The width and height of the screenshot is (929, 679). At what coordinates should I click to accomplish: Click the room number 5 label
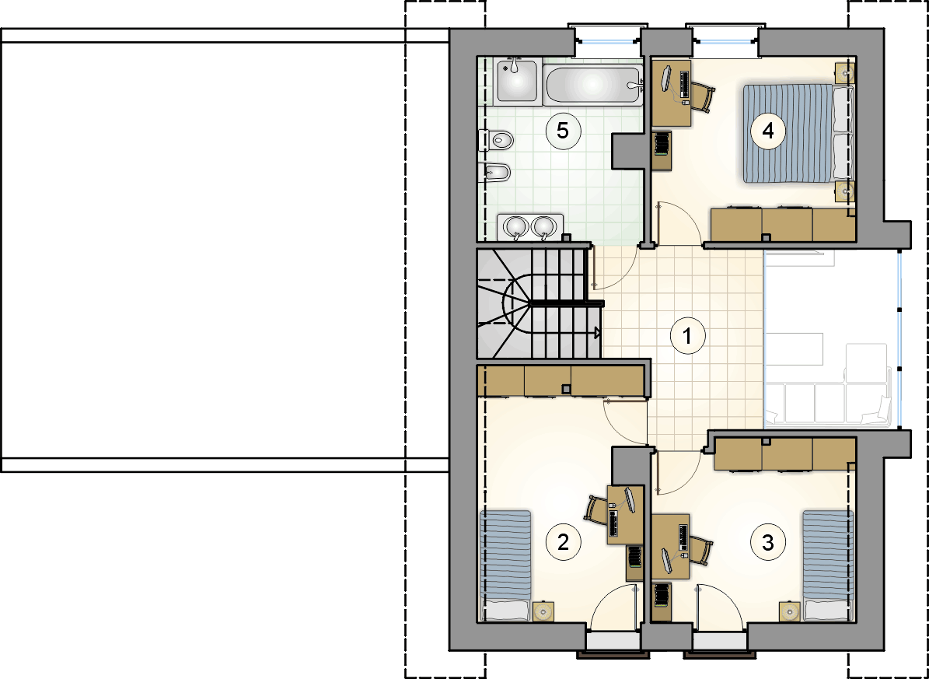point(562,131)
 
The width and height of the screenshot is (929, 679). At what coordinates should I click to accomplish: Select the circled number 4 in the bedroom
point(768,131)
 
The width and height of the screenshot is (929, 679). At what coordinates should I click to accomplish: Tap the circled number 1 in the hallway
point(686,336)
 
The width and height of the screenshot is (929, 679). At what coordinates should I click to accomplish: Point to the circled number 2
point(562,541)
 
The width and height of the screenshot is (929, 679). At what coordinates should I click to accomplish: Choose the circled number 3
point(768,541)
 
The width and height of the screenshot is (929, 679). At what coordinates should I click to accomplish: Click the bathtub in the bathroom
point(592,86)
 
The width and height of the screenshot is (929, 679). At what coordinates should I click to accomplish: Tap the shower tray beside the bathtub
point(516,81)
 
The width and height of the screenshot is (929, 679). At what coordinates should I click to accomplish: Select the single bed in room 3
point(828,565)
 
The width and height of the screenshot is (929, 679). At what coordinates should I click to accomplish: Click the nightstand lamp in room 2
point(543,611)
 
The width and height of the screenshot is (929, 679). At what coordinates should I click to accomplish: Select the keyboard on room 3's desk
point(683,537)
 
